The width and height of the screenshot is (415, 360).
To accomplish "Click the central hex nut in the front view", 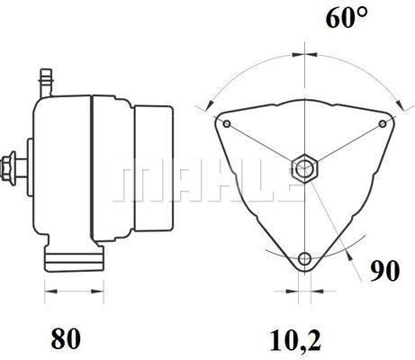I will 304,168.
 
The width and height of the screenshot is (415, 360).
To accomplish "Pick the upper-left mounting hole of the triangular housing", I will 229,123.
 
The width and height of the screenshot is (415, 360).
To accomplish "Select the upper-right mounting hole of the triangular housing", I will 383,123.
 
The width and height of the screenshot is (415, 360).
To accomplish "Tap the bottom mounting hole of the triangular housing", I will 305,260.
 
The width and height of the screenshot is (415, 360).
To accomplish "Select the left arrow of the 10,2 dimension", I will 291,292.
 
